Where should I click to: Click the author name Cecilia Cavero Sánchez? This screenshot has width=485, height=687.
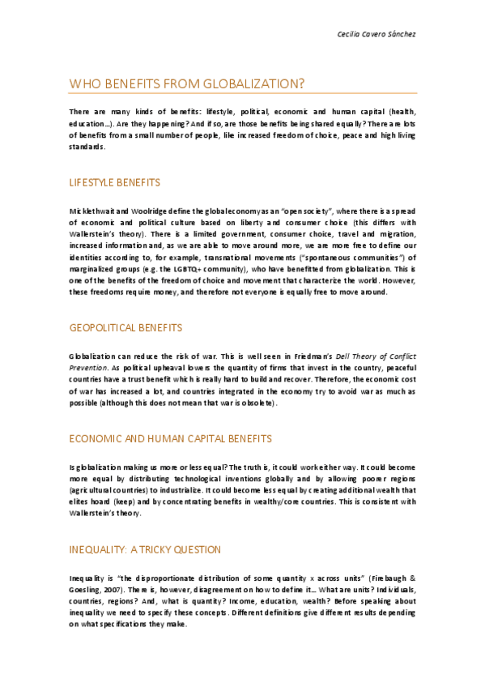point(376,34)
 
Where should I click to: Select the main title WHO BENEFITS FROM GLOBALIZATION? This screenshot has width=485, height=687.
point(187,83)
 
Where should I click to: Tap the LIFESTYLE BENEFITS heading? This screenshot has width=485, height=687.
point(114,182)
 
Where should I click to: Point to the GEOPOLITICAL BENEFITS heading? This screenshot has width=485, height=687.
point(126,327)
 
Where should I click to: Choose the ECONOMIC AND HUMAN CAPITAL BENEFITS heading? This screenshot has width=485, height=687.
point(170,438)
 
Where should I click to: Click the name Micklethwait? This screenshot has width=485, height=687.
point(94,210)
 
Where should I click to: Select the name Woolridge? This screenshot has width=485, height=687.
point(155,210)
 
